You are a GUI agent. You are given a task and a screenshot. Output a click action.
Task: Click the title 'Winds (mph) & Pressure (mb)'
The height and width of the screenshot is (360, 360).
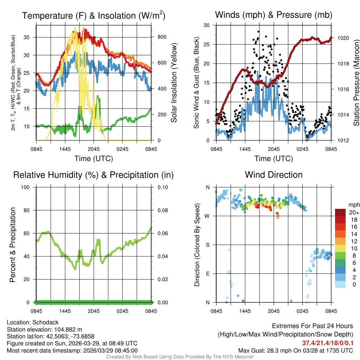[x=274, y=15]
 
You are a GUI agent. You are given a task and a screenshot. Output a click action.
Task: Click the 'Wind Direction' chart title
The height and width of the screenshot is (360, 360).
[x=274, y=175]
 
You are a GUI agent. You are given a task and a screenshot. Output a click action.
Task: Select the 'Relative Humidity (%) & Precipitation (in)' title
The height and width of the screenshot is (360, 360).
[x=94, y=175]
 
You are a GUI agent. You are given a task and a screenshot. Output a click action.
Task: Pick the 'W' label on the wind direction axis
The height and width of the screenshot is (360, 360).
[x=207, y=216]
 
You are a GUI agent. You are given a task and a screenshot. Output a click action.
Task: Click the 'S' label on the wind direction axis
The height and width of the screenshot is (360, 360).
[x=207, y=245]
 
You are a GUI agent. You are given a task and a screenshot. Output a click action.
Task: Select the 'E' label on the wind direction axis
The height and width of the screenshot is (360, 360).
[x=207, y=274]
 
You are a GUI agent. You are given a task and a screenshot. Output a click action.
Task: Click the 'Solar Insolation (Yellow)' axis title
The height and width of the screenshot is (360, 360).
[x=174, y=83]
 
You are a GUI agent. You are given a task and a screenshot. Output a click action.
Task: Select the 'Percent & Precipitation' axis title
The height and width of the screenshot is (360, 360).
[x=12, y=245]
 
